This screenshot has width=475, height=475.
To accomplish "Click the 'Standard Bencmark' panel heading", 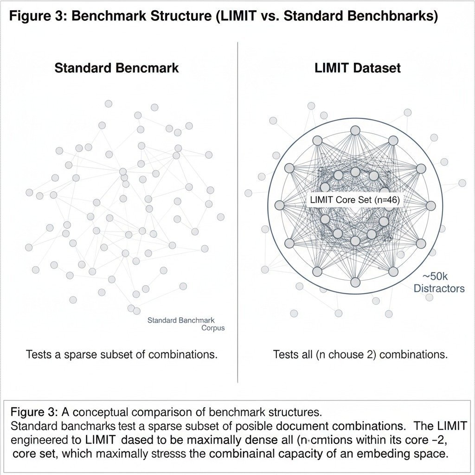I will pyautogui.click(x=116, y=68).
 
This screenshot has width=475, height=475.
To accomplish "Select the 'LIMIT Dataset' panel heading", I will pyautogui.click(x=357, y=68).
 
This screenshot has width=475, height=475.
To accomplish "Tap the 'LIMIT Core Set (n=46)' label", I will pyautogui.click(x=354, y=200).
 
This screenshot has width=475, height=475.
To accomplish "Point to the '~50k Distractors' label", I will pyautogui.click(x=438, y=282).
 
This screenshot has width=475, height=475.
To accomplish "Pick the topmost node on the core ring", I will pyautogui.click(x=355, y=130).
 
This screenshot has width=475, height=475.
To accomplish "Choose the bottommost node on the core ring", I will pyautogui.click(x=355, y=282).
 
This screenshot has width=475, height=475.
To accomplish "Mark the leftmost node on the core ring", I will pyautogui.click(x=279, y=205).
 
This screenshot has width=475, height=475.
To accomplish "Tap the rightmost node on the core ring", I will pyautogui.click(x=431, y=205).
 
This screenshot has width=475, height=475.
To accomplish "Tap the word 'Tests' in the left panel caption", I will pyautogui.click(x=39, y=355).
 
